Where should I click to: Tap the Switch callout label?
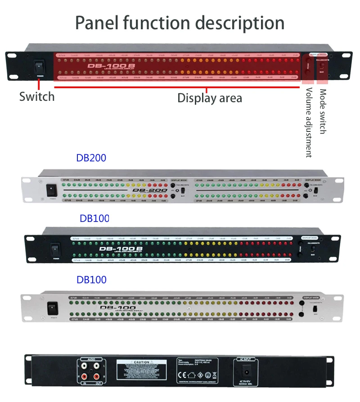pos(37,96)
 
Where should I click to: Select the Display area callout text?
pos(209,98)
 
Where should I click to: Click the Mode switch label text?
pos(323,111)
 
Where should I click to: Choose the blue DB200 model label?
pos(91,158)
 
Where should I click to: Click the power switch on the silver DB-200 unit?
pos(52,190)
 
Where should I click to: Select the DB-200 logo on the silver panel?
pos(149,190)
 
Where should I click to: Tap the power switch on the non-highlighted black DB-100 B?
pos(55,248)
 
